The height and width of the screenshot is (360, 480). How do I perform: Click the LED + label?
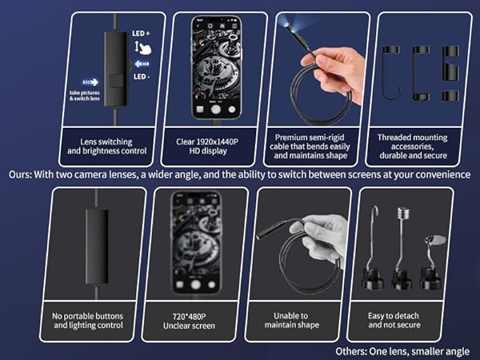coord(141,34)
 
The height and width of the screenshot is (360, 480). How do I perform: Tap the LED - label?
coord(142,77)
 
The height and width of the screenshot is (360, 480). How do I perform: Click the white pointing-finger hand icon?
coord(143,48)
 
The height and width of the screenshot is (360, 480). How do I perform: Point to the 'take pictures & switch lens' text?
coord(85,95)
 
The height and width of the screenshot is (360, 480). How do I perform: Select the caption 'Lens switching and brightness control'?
coord(107,146)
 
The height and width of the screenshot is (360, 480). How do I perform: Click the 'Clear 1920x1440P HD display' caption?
coord(207,146)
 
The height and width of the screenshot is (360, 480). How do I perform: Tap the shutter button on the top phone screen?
coord(216,110)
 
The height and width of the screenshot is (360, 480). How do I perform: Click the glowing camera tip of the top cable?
coord(288,26)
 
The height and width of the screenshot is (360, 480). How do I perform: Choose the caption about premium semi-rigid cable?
coord(310,146)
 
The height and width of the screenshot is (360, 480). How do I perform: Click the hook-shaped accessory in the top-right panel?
coord(391,73)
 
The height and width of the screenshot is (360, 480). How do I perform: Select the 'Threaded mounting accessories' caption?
coord(413,146)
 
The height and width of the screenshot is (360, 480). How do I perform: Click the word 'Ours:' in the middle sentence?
coord(20,174)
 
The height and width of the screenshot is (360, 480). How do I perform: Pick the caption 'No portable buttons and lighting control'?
coord(88,321)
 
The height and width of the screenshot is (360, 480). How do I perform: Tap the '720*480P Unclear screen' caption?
coord(189,321)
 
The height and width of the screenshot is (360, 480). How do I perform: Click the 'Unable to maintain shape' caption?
coord(292,320)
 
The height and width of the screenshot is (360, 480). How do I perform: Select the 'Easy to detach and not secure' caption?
coord(394,320)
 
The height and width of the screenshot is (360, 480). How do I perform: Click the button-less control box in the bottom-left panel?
coord(97,246)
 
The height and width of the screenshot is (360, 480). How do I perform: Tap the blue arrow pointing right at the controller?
coord(90,82)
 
